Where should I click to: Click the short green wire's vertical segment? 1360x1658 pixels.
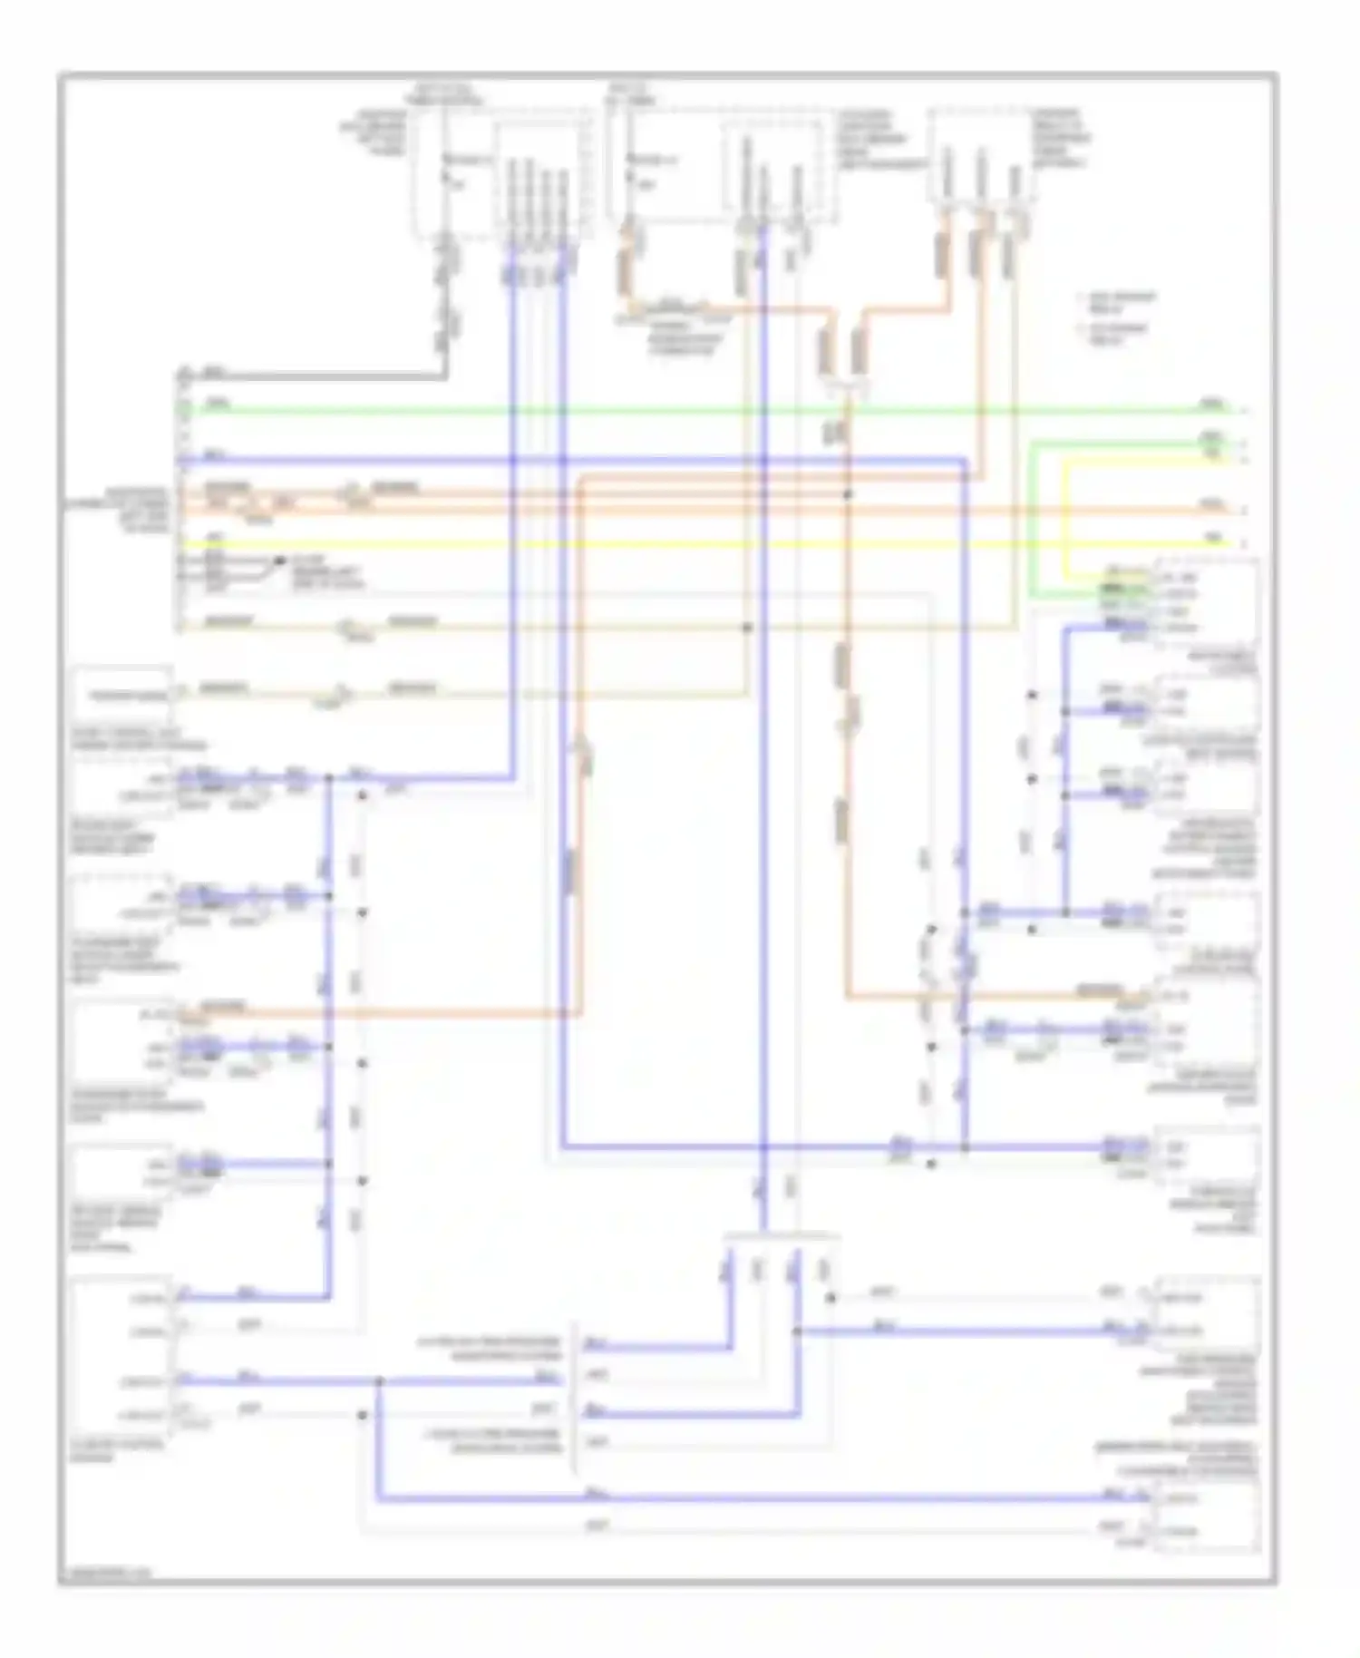(x=1033, y=517)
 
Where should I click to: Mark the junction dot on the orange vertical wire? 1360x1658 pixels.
(x=848, y=494)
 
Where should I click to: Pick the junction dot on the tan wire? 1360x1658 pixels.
(x=748, y=628)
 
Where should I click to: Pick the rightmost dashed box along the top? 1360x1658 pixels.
(x=982, y=154)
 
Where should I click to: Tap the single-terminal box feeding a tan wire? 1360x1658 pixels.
(x=122, y=696)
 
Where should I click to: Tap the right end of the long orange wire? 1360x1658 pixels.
(x=1238, y=511)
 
